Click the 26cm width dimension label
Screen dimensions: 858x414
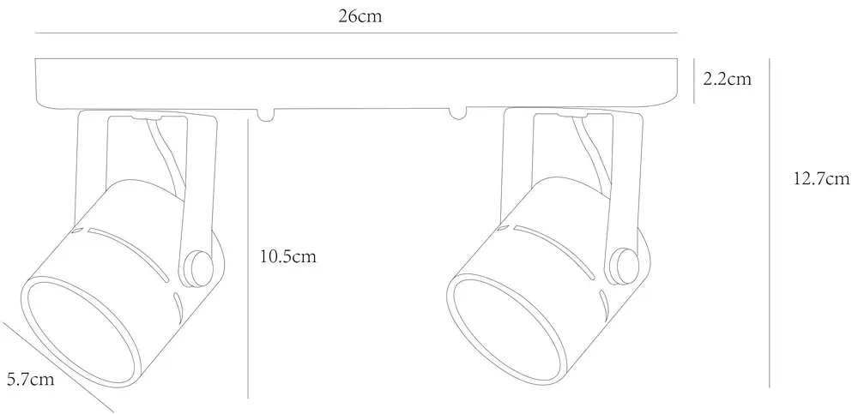click(360, 16)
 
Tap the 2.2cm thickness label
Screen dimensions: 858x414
click(728, 80)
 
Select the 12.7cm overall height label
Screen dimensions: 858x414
click(821, 179)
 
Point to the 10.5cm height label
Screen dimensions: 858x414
click(287, 256)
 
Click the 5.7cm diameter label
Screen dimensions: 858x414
click(31, 379)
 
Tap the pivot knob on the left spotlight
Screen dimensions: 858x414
click(197, 268)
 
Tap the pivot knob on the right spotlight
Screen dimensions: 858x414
click(624, 266)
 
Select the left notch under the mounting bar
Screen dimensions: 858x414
click(266, 114)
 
